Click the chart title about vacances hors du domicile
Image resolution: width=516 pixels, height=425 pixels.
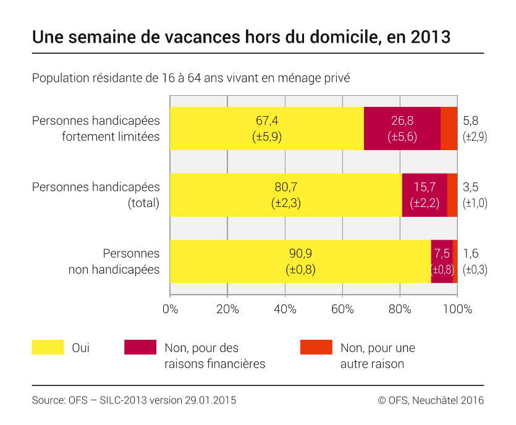[x=241, y=37]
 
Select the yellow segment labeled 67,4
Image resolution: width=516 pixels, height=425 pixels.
[x=266, y=128]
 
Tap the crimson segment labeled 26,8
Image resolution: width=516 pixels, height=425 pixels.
[x=402, y=128]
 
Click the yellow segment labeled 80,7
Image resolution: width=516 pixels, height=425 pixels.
[x=285, y=195]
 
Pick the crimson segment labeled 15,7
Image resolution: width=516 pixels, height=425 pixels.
[x=424, y=195]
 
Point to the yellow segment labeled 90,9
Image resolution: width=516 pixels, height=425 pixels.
[x=300, y=261]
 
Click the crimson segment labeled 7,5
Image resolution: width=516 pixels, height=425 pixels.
[x=442, y=261]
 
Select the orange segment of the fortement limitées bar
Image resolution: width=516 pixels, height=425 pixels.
[x=449, y=128]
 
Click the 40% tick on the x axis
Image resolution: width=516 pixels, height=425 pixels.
[x=285, y=309]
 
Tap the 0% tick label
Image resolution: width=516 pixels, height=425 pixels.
[x=170, y=309]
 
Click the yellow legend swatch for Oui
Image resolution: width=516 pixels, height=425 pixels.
[x=48, y=347]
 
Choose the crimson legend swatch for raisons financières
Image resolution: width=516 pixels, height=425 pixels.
[x=140, y=347]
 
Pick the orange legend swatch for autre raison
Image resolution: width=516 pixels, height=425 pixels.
[x=316, y=347]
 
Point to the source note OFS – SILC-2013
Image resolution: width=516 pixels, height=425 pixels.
[x=133, y=400]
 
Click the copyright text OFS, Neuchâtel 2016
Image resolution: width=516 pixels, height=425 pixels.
[x=431, y=400]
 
